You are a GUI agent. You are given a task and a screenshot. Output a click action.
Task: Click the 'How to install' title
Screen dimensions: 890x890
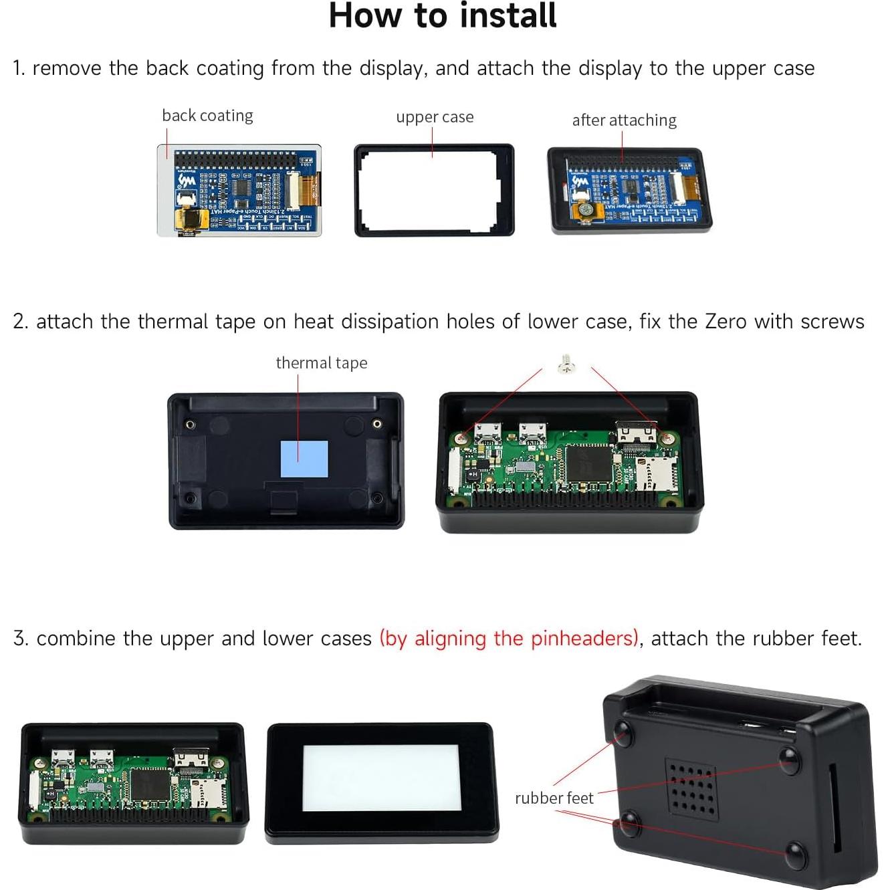(443, 16)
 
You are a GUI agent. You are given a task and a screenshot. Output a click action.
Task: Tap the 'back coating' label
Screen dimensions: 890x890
(207, 116)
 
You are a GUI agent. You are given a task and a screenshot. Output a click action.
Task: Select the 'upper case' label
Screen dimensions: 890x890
(435, 117)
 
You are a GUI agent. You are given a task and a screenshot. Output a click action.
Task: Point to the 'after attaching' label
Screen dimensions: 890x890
(624, 120)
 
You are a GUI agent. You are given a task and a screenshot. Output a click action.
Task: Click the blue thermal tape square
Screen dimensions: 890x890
(304, 459)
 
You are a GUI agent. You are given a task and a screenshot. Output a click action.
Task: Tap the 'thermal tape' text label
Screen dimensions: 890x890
(322, 363)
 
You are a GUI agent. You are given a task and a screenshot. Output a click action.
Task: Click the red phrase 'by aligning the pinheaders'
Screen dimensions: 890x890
(509, 639)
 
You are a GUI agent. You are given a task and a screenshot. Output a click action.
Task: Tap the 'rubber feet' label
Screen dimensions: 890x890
(554, 798)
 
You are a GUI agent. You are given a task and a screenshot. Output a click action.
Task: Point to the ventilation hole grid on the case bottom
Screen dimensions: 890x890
(691, 790)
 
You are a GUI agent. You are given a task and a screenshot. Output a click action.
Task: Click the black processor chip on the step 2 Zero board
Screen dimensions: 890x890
(589, 463)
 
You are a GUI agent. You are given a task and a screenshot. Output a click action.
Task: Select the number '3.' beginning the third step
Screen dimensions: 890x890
(21, 639)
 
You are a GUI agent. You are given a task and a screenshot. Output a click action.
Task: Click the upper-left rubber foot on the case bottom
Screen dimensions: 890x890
(623, 734)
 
